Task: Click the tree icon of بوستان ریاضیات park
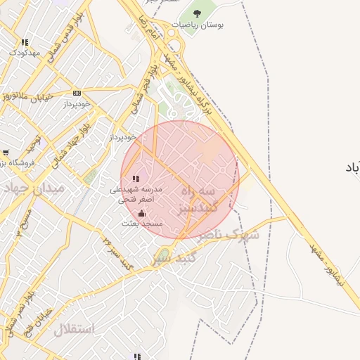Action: pyautogui.click(x=195, y=13)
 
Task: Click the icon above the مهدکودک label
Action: pyautogui.click(x=25, y=42)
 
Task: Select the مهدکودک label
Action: pyautogui.click(x=24, y=53)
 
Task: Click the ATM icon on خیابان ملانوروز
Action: pyautogui.click(x=77, y=93)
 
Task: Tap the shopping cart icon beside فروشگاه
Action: pyautogui.click(x=6, y=152)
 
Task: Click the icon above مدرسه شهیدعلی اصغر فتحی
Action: pyautogui.click(x=136, y=179)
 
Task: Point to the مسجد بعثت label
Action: pyautogui.click(x=142, y=223)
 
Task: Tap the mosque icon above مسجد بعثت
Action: pyautogui.click(x=142, y=213)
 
